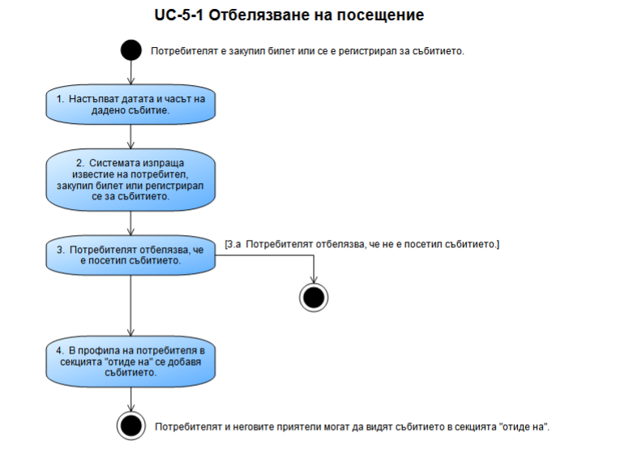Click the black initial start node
click(131, 51)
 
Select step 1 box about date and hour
click(131, 104)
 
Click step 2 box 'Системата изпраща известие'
click(131, 180)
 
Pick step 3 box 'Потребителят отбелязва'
click(131, 255)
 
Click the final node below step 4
click(131, 425)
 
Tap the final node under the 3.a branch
click(313, 297)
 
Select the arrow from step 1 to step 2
click(131, 135)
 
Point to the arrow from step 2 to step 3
click(131, 225)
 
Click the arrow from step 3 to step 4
click(131, 303)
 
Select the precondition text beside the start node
click(307, 51)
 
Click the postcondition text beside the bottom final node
click(357, 426)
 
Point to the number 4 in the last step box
click(60, 350)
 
